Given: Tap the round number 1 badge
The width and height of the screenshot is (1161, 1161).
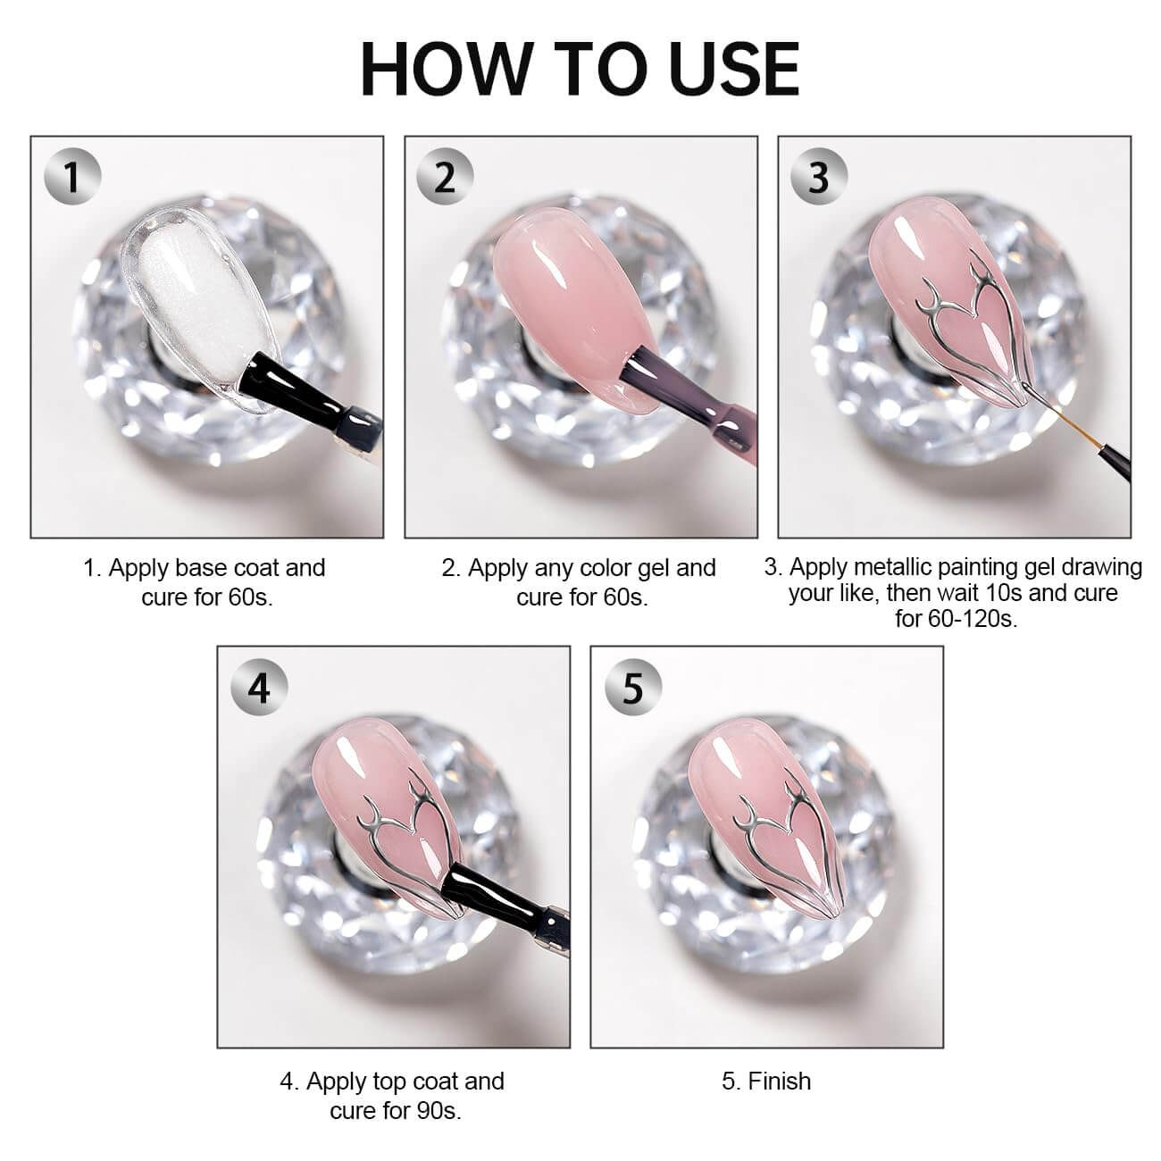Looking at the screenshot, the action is tap(72, 177).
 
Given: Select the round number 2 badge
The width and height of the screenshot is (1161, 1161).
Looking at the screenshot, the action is tap(446, 177).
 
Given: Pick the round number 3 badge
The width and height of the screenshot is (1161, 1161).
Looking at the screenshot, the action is tap(819, 177).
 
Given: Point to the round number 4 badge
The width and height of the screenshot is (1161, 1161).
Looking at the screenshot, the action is tap(259, 687).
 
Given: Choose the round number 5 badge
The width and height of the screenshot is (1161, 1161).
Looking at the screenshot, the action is tap(632, 687).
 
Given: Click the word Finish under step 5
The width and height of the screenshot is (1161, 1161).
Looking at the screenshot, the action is tap(779, 1081).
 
